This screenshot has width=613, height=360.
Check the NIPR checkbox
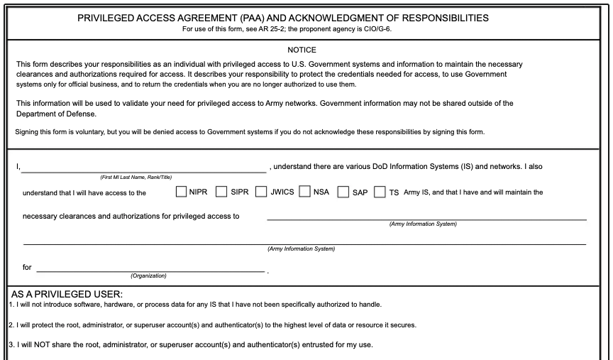pos(181,192)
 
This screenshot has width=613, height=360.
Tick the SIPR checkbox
pos(221,192)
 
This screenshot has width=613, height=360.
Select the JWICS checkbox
pos(261,192)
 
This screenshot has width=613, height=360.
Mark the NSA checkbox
pos(305,192)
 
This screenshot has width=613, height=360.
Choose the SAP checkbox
pos(343,192)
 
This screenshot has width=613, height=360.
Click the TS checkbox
pos(380,192)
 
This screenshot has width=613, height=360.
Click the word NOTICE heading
pos(302,50)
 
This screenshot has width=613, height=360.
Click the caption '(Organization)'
pos(149,276)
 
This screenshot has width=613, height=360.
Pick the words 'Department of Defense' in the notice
pos(56,114)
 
